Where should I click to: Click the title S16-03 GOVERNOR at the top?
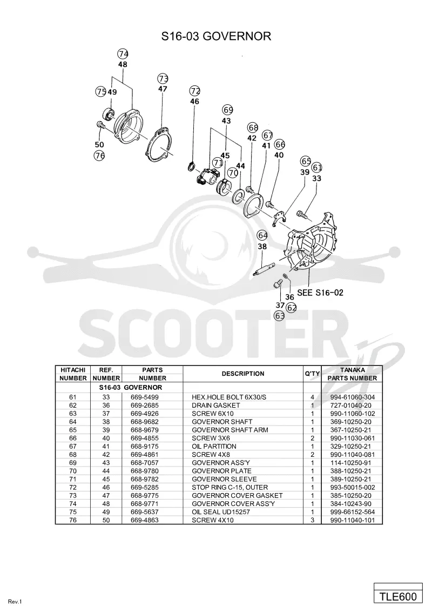(x=216, y=36)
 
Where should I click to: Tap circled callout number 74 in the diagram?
(x=123, y=54)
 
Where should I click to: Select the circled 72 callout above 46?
(x=194, y=91)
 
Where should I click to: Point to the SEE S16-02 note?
(x=320, y=292)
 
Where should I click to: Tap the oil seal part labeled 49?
(x=108, y=113)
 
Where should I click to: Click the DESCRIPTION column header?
(x=243, y=374)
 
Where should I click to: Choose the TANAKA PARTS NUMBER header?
(x=352, y=374)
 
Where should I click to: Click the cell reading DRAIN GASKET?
(x=215, y=405)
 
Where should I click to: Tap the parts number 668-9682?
(x=145, y=422)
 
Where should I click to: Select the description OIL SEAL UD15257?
(x=221, y=511)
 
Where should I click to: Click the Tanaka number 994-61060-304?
(x=353, y=397)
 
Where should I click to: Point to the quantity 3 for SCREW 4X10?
(x=312, y=520)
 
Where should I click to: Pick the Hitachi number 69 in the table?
(x=73, y=462)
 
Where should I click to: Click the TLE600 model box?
(x=398, y=596)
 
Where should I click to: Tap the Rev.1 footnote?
(x=15, y=602)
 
